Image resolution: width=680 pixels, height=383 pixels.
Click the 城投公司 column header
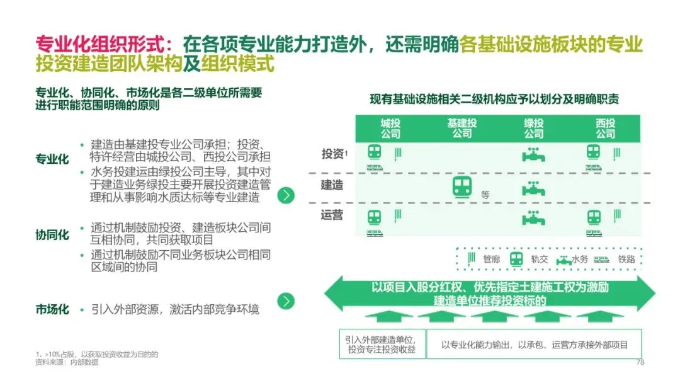coord(390,129)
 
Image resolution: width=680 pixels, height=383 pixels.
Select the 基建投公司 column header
coord(462,129)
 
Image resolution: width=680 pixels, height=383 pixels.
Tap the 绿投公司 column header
coord(533,129)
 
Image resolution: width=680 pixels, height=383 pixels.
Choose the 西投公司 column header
coord(605,129)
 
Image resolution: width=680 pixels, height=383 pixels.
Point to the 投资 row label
coord(333,154)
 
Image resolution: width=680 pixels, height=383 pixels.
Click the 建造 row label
coord(332,185)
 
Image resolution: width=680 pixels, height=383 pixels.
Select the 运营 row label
coord(332,215)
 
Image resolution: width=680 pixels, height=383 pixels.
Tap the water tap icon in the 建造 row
coord(533,188)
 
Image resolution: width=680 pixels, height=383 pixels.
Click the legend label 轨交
coord(539,259)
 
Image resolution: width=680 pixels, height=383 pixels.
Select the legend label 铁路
coord(626,259)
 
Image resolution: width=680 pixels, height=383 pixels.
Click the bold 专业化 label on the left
coord(52,159)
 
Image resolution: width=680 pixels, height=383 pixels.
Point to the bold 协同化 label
coord(52,235)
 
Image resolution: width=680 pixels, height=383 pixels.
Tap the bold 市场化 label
coord(52,310)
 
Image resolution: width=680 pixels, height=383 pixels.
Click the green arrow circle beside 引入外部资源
coord(286,301)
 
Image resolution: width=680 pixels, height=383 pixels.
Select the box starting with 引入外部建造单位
coord(382,344)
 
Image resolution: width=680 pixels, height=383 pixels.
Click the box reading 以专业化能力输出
coord(534,344)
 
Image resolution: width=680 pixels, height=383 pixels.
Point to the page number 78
coord(641,362)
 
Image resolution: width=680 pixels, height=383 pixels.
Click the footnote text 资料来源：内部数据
coord(67,362)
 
